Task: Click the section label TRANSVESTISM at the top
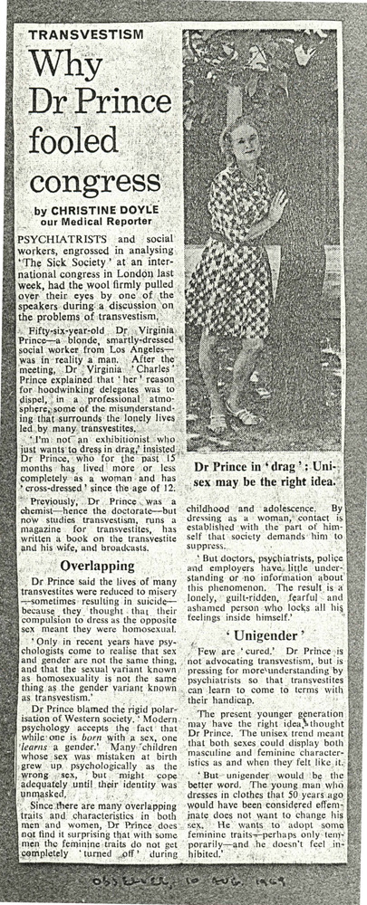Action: (87, 33)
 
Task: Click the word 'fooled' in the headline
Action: (65, 140)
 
